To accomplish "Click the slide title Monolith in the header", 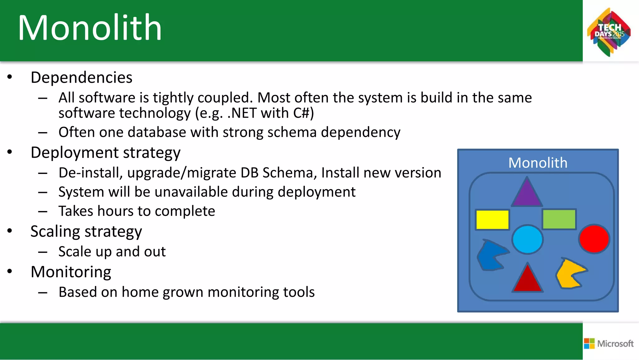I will pyautogui.click(x=90, y=28).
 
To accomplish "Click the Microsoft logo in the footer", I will pyautogui.click(x=609, y=343).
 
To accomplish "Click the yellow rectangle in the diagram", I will pyautogui.click(x=492, y=220).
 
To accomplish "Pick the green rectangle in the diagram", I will pyautogui.click(x=559, y=219).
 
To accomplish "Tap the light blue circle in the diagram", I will pyautogui.click(x=527, y=239).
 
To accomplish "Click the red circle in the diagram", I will pyautogui.click(x=594, y=239).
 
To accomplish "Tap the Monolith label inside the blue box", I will pyautogui.click(x=538, y=163).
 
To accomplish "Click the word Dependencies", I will pyautogui.click(x=81, y=77).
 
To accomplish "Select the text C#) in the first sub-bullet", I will pyautogui.click(x=303, y=113).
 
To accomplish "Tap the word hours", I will pyautogui.click(x=115, y=211).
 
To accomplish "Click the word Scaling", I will pyautogui.click(x=55, y=232).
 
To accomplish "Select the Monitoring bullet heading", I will pyautogui.click(x=71, y=272).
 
